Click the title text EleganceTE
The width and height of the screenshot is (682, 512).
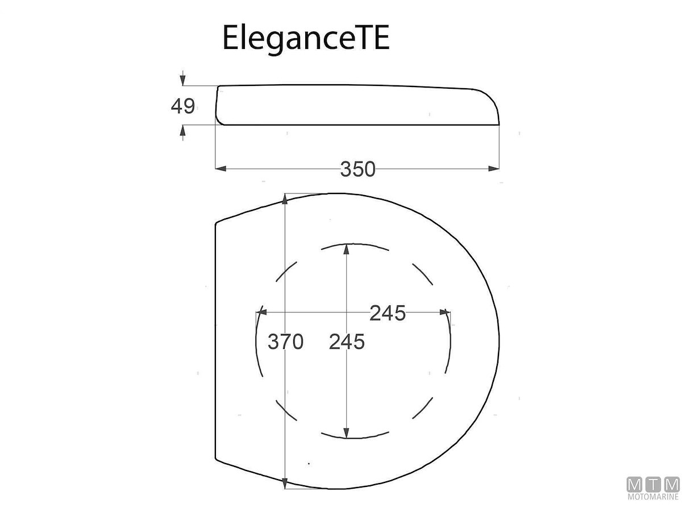point(306,38)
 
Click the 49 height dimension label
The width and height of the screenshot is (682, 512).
point(182,106)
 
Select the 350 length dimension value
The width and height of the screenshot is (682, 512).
point(357,170)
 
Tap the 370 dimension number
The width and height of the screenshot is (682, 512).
point(285,342)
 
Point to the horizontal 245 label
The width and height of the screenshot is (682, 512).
point(388,313)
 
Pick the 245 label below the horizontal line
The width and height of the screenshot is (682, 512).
point(347,342)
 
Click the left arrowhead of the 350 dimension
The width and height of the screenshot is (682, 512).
point(221,168)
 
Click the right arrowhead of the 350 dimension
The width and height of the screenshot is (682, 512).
point(494,168)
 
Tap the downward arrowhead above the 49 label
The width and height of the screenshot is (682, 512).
point(183,80)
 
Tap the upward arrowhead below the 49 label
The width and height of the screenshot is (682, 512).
point(183,131)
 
